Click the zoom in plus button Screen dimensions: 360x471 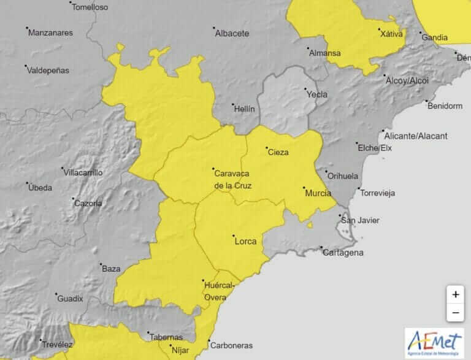pos(455,294)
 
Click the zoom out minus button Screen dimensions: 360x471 pos(455,313)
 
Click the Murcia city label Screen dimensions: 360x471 pos(318,193)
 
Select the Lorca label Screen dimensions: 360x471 pos(245,241)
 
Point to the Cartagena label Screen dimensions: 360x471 pos(344,252)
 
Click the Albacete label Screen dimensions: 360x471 pos(232,33)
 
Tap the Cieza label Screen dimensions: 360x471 pos(278,152)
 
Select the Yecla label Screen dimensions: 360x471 pos(316,94)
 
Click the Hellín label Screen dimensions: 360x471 pos(243,108)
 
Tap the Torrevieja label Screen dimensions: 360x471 pos(378,193)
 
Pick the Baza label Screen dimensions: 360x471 pos(111,269)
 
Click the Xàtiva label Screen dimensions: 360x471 pos(392,34)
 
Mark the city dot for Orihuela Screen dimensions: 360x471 pos(326,172)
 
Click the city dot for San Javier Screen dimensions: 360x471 pos(342,216)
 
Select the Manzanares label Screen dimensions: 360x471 pos(50,33)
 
